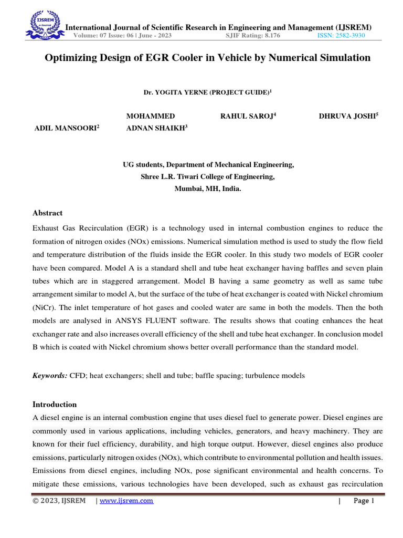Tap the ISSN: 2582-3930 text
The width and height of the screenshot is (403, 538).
point(341,36)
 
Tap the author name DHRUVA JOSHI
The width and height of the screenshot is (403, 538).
point(347,116)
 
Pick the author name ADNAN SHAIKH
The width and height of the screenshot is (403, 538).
point(155,128)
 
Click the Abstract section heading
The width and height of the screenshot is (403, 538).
point(47,213)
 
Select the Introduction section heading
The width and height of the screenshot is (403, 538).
point(55,405)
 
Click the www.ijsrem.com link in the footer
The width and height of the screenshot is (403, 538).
point(126,501)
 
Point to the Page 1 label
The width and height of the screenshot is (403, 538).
point(364,501)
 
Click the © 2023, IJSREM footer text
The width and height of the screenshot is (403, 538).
point(59,501)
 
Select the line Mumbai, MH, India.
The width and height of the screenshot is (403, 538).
point(208,189)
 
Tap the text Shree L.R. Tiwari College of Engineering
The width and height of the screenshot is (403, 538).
point(208,177)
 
